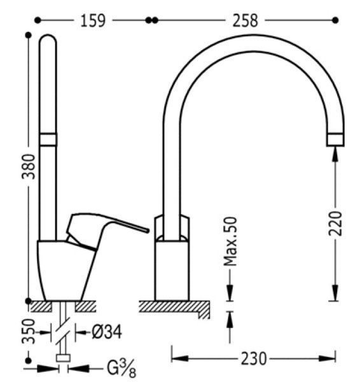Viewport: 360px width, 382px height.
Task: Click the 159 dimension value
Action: pos(93,21)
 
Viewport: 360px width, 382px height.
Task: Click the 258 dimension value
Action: pos(245,21)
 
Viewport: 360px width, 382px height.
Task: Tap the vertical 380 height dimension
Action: pos(29,167)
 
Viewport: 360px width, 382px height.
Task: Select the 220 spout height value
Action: pos(335,223)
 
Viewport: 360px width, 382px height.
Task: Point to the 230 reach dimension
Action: pos(254,358)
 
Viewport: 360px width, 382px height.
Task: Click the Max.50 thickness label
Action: pos(230,241)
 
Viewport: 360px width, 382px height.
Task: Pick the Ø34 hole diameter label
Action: pos(107,332)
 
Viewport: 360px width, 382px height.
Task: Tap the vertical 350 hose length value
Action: pos(29,331)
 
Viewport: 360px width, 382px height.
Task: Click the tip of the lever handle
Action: pos(147,230)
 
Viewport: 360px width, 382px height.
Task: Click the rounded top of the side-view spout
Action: pos(48,36)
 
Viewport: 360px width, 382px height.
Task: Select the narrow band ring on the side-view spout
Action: pos(48,139)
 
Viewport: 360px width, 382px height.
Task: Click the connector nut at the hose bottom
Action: pos(63,358)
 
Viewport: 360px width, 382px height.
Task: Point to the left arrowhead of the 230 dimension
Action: pos(179,358)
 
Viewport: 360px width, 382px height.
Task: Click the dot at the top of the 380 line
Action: pos(29,35)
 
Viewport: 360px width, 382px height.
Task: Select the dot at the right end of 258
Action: pos(335,20)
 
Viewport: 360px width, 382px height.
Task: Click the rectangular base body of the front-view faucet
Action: pos(172,271)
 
